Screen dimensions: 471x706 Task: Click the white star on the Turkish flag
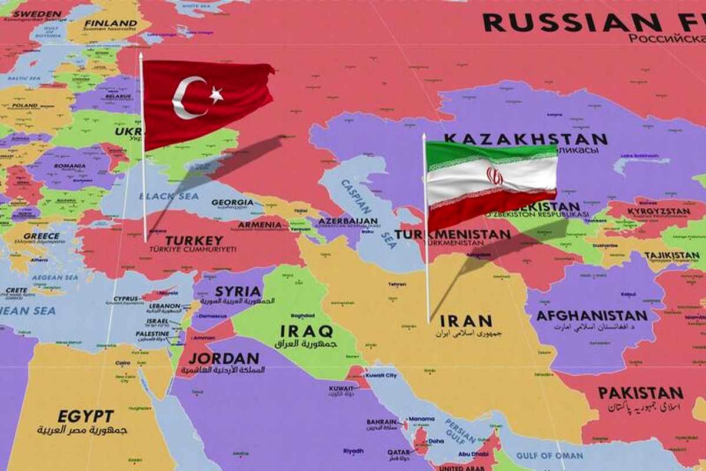tap(216, 94)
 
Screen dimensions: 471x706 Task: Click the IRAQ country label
tap(306, 331)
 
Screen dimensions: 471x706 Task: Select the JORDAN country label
tap(224, 358)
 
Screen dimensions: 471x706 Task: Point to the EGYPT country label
tap(86, 416)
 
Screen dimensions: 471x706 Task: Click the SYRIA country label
tap(238, 291)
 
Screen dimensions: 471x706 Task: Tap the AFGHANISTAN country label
tap(591, 316)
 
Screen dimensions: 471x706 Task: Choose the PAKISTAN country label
tap(640, 393)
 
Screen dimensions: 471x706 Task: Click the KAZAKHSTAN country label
tap(525, 140)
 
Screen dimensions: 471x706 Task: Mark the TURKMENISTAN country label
tap(452, 234)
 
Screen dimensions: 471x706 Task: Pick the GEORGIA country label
tap(232, 202)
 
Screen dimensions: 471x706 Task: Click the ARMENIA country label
tap(259, 224)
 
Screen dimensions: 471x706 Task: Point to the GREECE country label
tap(41, 236)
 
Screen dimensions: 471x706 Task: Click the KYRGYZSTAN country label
tap(658, 211)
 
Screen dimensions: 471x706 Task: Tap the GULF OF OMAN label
tap(550, 455)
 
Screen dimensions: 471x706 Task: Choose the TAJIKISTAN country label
tap(671, 256)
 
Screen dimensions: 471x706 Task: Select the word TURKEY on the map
tap(194, 240)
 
